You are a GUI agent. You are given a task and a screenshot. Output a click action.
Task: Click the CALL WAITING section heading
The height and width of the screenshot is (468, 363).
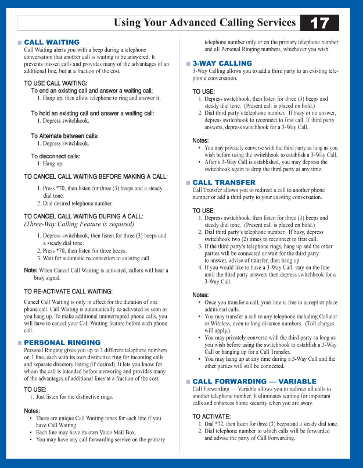coord(52,42)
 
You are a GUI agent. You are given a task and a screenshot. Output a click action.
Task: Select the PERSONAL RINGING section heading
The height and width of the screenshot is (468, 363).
coord(62,342)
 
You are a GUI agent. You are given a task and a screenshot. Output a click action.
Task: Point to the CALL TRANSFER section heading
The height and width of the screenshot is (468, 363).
coord(224,183)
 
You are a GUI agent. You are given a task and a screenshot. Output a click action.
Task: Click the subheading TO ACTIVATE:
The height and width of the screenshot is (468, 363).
coord(211,416)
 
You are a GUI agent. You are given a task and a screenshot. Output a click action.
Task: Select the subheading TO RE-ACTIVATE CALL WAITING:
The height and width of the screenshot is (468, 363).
coord(68,290)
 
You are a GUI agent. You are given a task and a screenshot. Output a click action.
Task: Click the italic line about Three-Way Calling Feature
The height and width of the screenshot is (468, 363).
coord(78,224)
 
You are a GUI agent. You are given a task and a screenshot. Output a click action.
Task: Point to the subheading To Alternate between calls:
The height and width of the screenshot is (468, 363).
coord(64,136)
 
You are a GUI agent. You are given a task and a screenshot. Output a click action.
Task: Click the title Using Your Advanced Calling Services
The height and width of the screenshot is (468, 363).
coord(205,23)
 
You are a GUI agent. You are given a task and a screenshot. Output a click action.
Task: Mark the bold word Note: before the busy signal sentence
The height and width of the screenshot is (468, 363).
coord(31,270)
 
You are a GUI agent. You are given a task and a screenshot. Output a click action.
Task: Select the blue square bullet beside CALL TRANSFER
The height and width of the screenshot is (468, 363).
coord(188,183)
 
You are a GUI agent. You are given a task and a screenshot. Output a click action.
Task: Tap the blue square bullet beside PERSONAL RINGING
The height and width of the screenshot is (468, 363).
coord(20,343)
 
